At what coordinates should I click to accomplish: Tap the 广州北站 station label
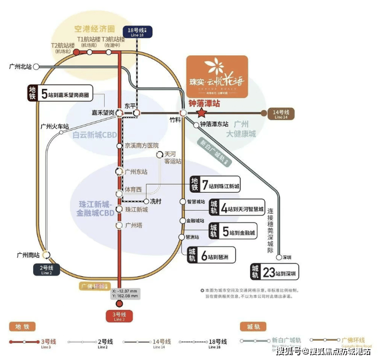[x=20, y=66]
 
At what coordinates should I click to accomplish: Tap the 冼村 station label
[x=155, y=201]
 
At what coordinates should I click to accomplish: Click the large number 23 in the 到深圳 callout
[x=269, y=272]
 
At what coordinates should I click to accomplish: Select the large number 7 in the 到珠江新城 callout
[x=205, y=185]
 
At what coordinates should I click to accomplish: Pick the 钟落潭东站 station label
[x=214, y=124]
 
